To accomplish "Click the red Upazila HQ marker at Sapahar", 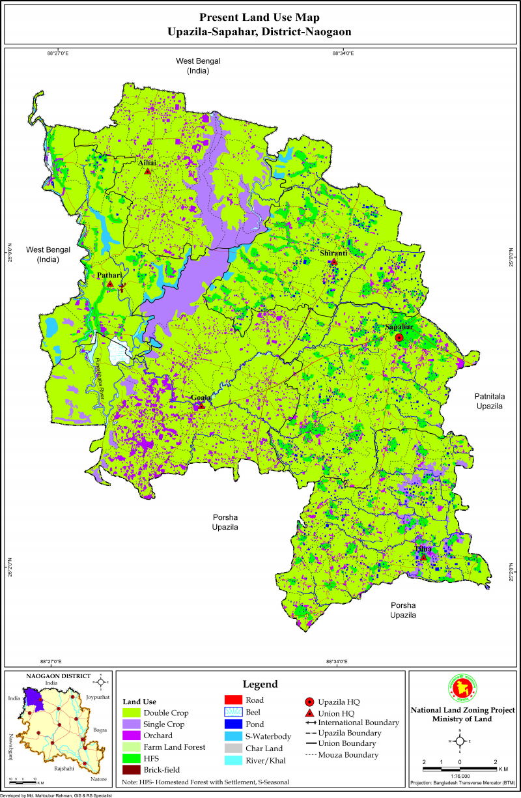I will (399, 337).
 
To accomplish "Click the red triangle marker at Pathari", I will (111, 284).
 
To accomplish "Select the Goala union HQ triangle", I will (201, 406).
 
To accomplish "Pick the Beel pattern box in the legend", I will (232, 712).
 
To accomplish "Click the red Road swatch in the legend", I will (232, 700).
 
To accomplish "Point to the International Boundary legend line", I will (310, 722).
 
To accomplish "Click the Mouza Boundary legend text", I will (348, 754).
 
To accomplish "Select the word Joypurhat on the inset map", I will (98, 696).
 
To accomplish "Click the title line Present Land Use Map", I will (260, 17).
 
